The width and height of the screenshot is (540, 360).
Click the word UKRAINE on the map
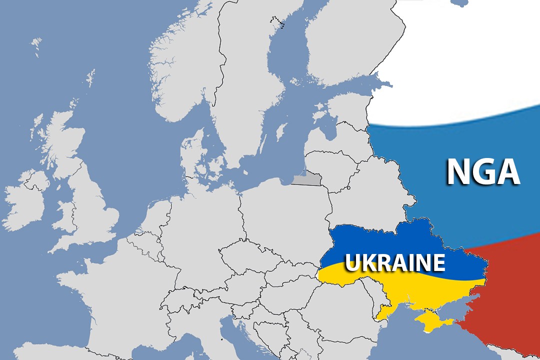tap(395, 262)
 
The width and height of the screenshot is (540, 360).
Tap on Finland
tap(340, 45)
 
